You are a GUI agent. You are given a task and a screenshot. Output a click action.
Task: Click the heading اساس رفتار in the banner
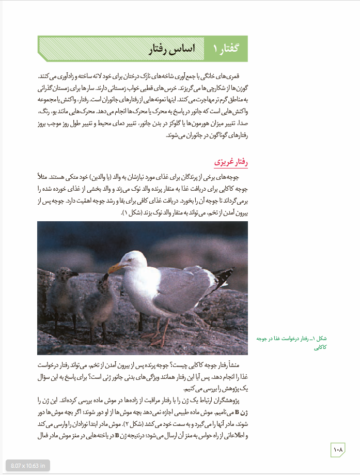click(x=171, y=49)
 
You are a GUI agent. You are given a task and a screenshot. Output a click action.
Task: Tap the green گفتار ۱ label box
click(x=227, y=49)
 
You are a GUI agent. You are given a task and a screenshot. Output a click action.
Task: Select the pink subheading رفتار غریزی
click(x=231, y=162)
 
